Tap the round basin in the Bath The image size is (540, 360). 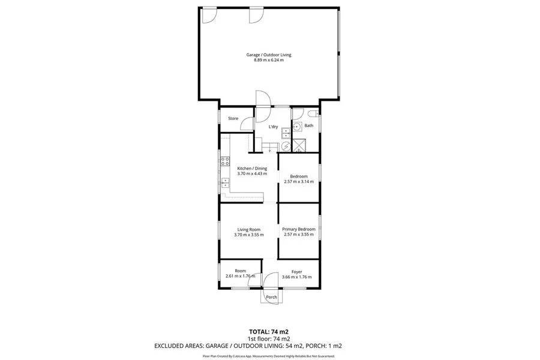point(297,127)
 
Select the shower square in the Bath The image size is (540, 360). point(298,145)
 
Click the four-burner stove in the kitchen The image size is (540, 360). point(226,160)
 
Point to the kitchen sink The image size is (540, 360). point(226,182)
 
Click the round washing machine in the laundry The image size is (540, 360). point(286,145)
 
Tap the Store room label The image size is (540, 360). point(233,119)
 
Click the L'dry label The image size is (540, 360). point(273,127)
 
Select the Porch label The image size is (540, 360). point(271,297)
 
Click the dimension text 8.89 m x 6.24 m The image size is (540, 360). point(269,60)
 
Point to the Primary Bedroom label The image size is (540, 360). point(299,229)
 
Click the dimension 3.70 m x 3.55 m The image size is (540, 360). point(248,235)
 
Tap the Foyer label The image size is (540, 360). point(296,271)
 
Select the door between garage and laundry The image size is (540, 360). point(263,100)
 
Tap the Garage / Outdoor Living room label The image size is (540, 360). point(269,55)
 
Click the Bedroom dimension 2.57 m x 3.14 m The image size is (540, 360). point(299,181)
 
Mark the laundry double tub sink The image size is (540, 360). point(286,132)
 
